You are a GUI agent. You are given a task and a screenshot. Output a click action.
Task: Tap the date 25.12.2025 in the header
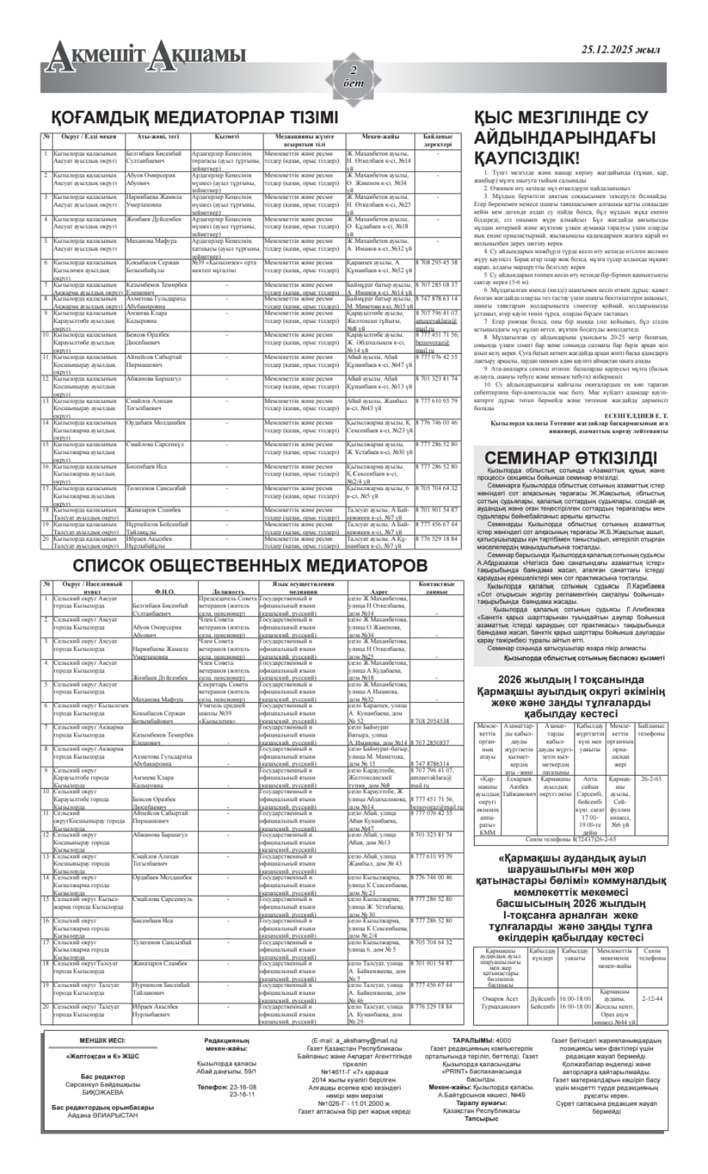tap(620, 50)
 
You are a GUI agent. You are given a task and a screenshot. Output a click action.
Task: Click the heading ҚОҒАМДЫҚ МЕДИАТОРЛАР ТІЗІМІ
tap(194, 117)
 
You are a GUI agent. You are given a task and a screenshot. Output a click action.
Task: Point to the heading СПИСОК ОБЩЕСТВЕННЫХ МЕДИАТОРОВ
tap(249, 566)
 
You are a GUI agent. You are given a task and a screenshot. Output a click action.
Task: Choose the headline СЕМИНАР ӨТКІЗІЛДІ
tap(571, 458)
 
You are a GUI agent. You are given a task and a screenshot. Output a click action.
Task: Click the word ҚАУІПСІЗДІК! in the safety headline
tap(526, 157)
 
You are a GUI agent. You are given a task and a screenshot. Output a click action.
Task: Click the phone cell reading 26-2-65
tap(651, 779)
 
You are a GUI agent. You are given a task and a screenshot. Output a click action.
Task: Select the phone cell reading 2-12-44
tap(652, 999)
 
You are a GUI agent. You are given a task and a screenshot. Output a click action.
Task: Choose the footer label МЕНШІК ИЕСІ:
tap(103, 1040)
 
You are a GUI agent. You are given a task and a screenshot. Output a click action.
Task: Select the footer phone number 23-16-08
tap(242, 1087)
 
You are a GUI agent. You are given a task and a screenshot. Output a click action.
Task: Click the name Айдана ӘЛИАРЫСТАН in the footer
tap(103, 1115)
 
